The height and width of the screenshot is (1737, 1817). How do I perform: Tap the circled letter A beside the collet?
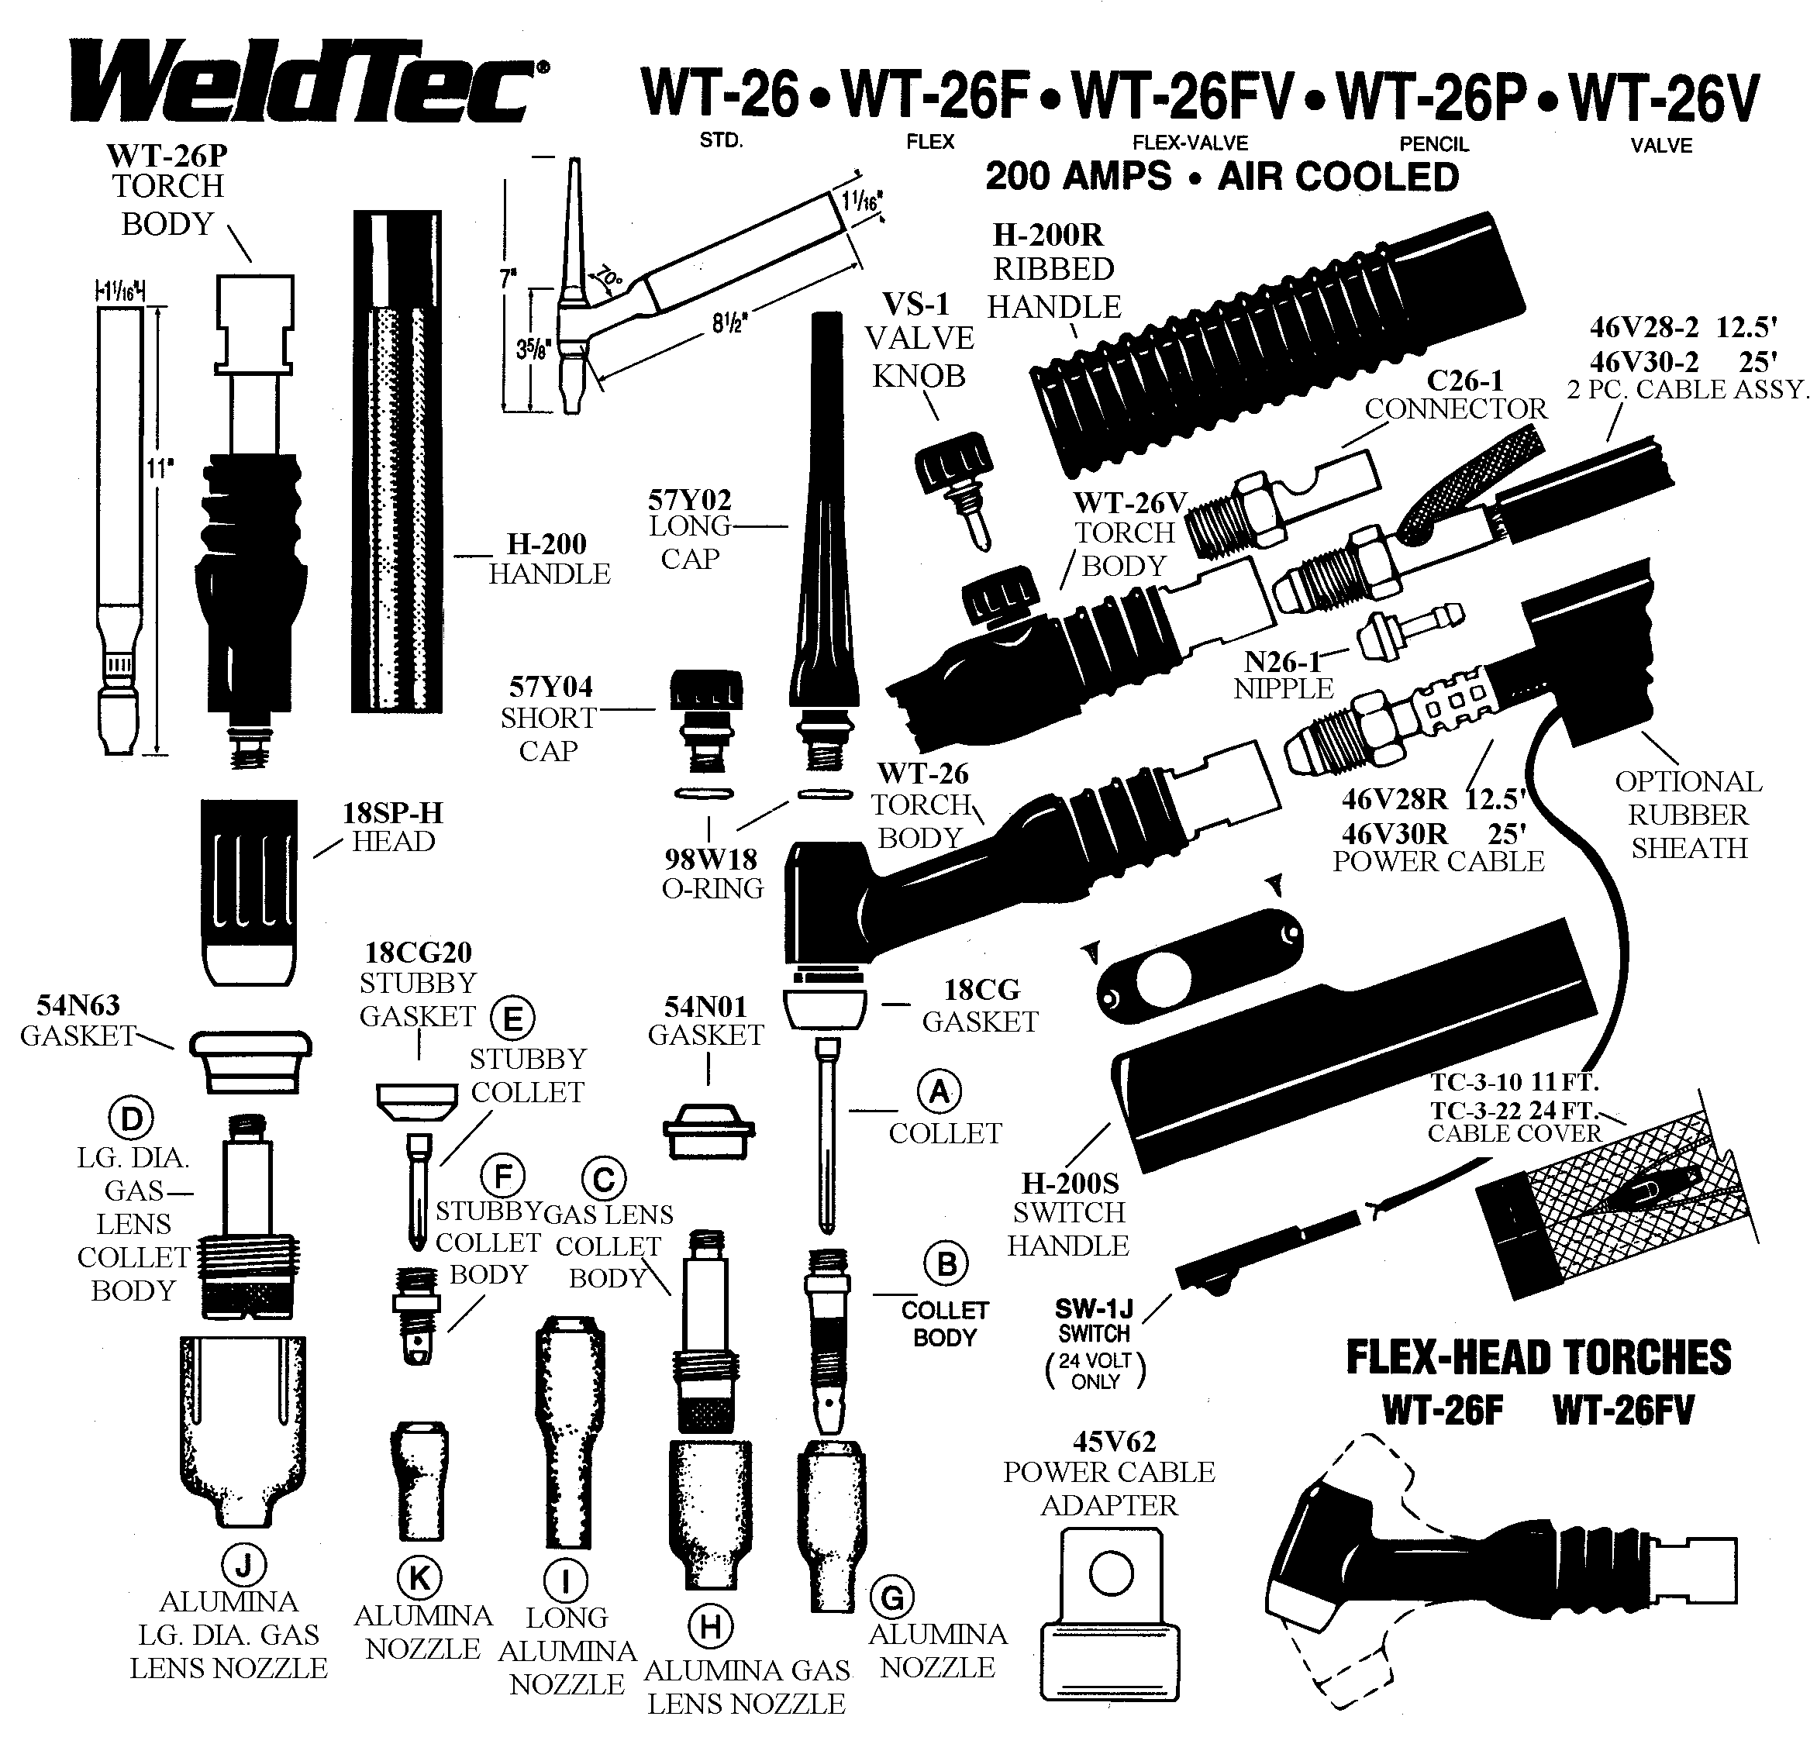939,1093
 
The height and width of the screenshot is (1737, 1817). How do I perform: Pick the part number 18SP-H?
393,813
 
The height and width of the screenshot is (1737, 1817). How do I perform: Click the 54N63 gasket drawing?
250,1061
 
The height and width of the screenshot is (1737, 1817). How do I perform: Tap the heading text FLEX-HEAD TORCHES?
1538,1357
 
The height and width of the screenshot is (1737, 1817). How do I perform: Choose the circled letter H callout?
712,1626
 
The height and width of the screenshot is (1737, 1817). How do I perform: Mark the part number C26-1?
1465,381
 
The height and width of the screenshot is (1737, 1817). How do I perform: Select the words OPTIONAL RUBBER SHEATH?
1688,815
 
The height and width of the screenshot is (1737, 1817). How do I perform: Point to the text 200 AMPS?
1078,176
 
